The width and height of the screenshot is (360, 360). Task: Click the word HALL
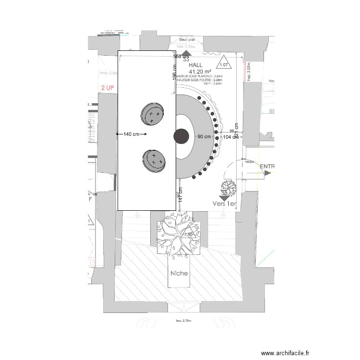point(196,65)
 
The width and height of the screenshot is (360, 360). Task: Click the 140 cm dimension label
point(132,134)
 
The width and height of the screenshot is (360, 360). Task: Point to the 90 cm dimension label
point(204,137)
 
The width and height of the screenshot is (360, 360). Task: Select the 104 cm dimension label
point(231,137)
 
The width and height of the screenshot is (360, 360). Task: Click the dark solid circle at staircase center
point(181,136)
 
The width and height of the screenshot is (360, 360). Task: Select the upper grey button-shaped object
point(152,114)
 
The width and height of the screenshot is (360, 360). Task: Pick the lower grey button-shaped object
point(154,160)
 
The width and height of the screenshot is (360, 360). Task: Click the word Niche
point(180,273)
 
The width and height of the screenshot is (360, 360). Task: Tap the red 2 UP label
point(108,88)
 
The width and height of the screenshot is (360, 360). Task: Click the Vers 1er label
point(225,204)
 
